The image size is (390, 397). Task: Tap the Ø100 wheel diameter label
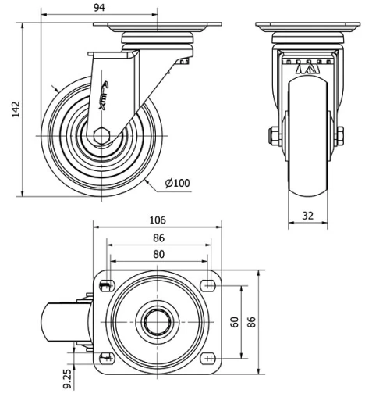[x=178, y=184]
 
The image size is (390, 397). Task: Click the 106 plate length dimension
[x=158, y=220]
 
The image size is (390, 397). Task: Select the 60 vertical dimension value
[x=233, y=321]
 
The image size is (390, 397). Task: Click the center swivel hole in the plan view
[x=158, y=321]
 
